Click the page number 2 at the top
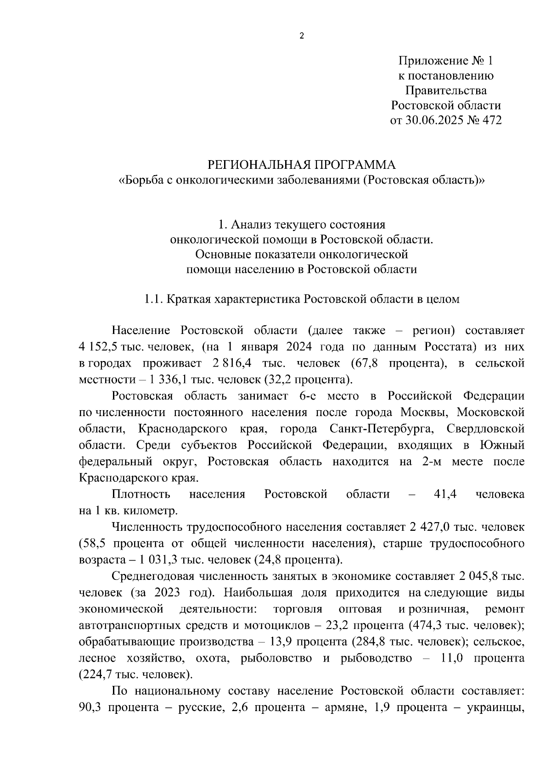pos(302,36)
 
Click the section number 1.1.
pos(153,300)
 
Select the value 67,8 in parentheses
pos(366,363)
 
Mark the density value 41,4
pos(445,494)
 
